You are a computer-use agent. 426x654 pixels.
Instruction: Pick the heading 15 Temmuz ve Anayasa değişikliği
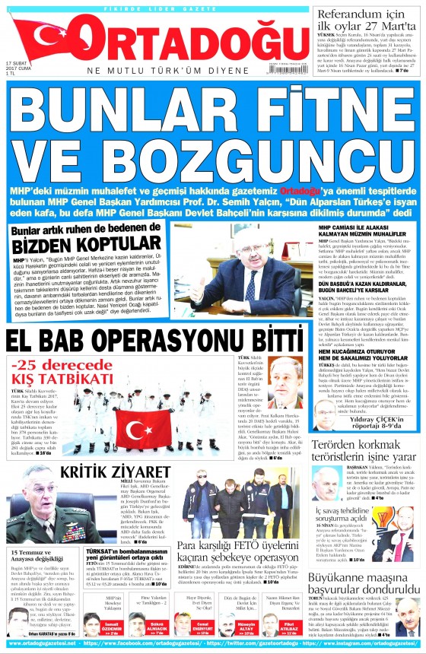pos(41,557)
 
